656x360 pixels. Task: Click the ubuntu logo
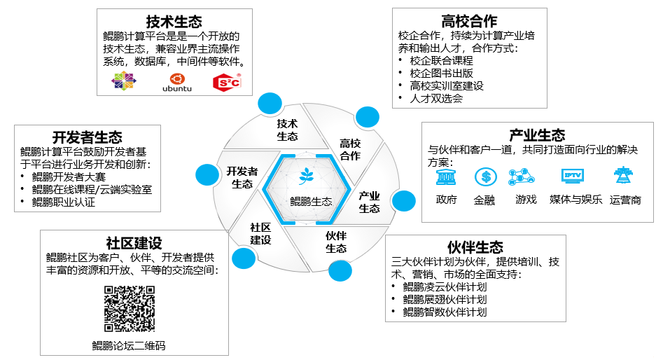pyautogui.click(x=176, y=82)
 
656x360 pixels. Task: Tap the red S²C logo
pyautogui.click(x=226, y=82)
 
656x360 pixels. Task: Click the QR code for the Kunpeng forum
pyautogui.click(x=129, y=309)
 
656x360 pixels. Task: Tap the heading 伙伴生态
pyautogui.click(x=475, y=247)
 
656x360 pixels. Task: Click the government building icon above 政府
pyautogui.click(x=445, y=176)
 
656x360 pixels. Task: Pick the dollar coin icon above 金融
pyautogui.click(x=484, y=176)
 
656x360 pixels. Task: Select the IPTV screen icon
pyautogui.click(x=572, y=176)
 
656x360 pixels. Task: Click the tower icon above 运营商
pyautogui.click(x=621, y=176)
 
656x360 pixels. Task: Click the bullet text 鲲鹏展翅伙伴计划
pyautogui.click(x=445, y=299)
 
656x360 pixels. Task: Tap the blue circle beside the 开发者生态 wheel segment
pyautogui.click(x=207, y=174)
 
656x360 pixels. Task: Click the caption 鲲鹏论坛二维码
pyautogui.click(x=129, y=345)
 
